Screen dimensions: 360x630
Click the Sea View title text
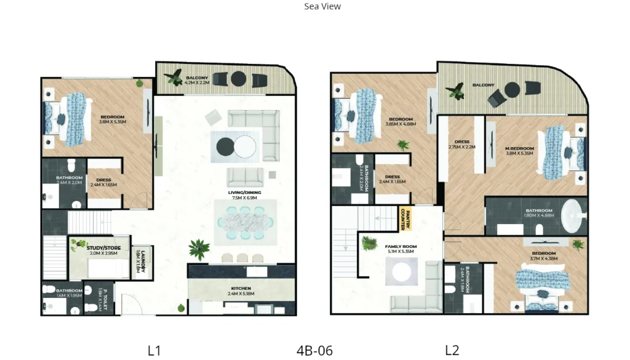tap(322, 7)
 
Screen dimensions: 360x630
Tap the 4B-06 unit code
tap(314, 351)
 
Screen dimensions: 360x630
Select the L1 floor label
tap(154, 351)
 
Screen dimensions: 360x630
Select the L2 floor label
tap(452, 351)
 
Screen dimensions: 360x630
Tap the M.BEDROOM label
tap(520, 148)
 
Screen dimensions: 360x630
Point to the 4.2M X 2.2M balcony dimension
tap(197, 82)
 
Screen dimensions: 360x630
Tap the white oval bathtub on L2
tap(573, 216)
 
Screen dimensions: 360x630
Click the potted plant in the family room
tap(369, 244)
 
